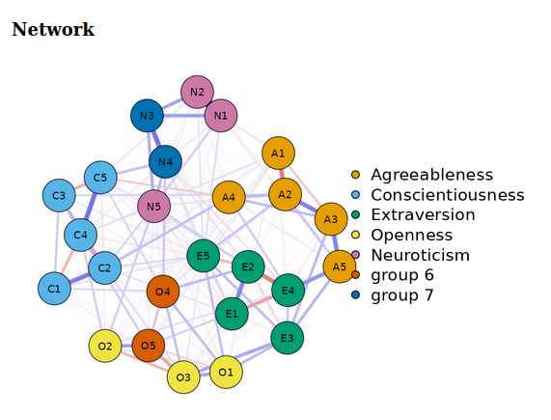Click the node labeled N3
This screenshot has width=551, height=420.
tap(147, 117)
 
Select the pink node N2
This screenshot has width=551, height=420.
tap(197, 93)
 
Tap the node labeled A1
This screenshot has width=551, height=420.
tap(278, 153)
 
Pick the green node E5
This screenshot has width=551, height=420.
tap(203, 256)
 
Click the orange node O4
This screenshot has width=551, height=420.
tap(162, 292)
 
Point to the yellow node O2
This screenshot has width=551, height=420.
tap(104, 346)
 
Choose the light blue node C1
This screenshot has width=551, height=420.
tap(54, 288)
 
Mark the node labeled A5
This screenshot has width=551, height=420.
tap(339, 266)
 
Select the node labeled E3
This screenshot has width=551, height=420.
tap(287, 338)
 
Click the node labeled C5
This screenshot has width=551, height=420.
tap(100, 178)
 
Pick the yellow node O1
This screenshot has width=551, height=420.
tap(226, 372)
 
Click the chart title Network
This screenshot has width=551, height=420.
tap(53, 30)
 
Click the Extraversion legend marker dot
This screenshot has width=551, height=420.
tap(356, 215)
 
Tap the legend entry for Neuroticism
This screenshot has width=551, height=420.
tap(420, 256)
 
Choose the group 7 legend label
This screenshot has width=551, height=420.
tap(402, 295)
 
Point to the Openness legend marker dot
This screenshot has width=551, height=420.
tap(356, 236)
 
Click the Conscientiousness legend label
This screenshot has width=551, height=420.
tap(447, 195)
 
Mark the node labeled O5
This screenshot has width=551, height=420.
tap(148, 346)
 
